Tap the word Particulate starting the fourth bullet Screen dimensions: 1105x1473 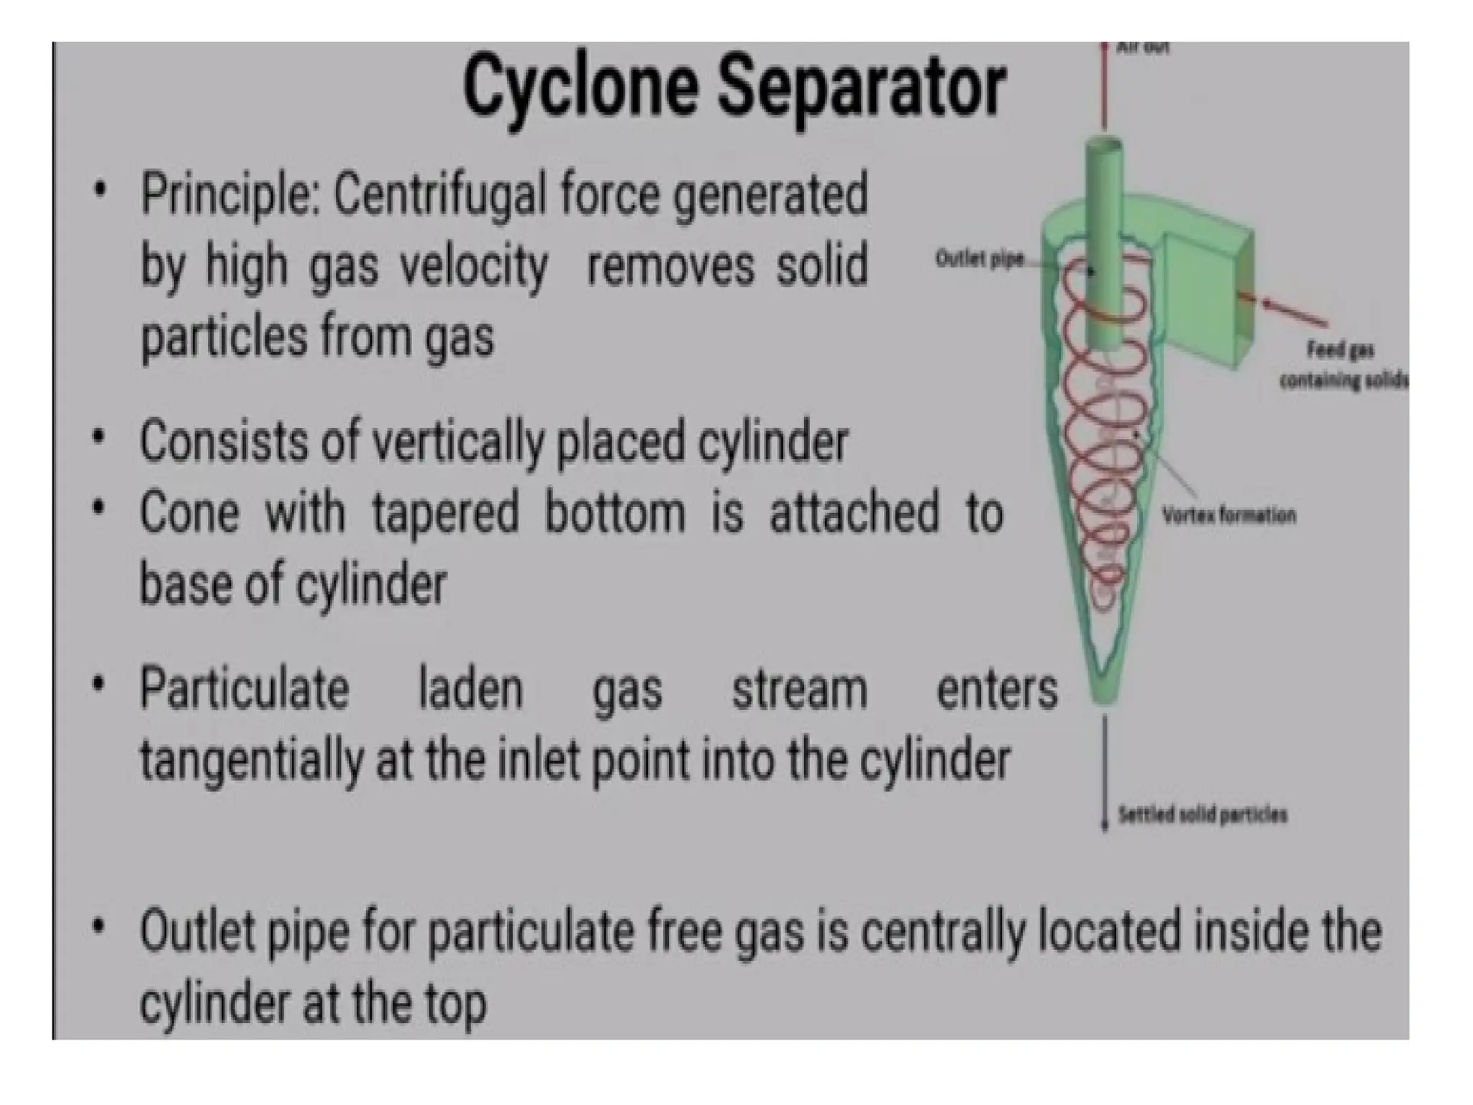245,689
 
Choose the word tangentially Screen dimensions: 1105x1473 252,761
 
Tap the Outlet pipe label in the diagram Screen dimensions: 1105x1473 979,259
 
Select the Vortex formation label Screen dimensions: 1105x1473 1228,515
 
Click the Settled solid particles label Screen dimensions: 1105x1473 1202,814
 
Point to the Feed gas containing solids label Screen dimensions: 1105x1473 1341,365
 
